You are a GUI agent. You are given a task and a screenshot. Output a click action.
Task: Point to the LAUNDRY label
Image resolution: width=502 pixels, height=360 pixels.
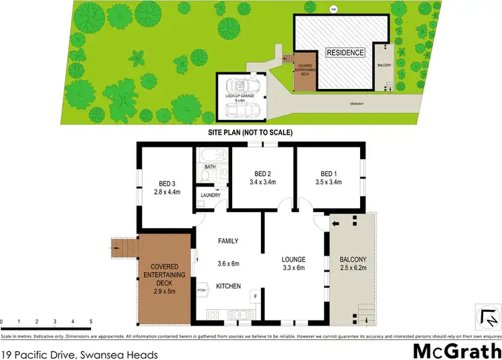[208, 195]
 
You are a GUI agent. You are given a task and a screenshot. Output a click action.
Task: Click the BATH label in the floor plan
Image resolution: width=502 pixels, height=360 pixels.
[210, 166]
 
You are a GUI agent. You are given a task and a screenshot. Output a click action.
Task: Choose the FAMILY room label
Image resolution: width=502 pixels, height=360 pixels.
[227, 241]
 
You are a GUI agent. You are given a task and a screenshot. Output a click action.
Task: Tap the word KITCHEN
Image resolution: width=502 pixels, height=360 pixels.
[228, 286]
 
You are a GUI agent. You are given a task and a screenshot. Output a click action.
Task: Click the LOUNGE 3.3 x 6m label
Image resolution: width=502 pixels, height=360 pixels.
[292, 263]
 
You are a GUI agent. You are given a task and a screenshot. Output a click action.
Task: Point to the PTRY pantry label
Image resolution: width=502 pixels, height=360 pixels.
[201, 290]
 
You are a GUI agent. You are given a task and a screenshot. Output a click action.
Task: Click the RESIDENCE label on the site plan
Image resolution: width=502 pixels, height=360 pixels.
[345, 52]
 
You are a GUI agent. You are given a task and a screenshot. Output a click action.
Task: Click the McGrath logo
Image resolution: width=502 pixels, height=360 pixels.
[455, 349]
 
